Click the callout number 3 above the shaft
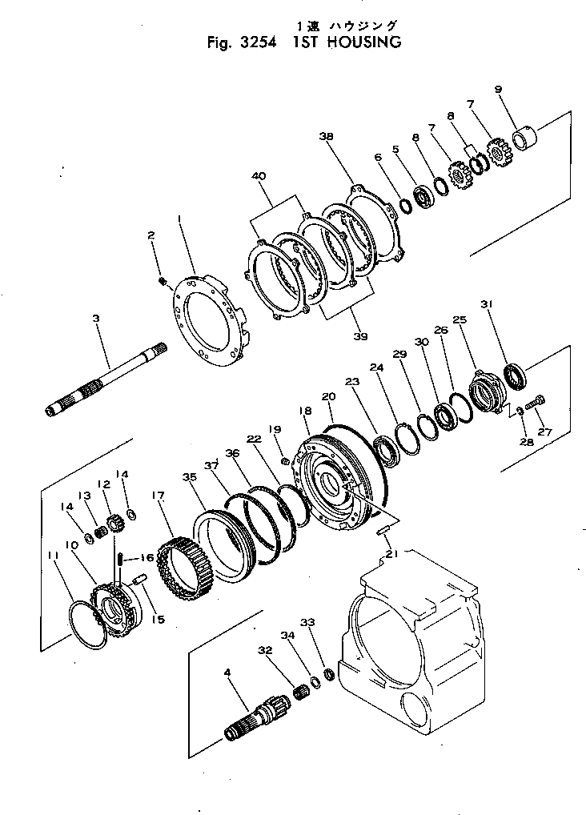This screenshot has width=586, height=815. point(95,318)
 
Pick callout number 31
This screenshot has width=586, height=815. point(486,304)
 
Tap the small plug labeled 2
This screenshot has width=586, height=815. point(162,280)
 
